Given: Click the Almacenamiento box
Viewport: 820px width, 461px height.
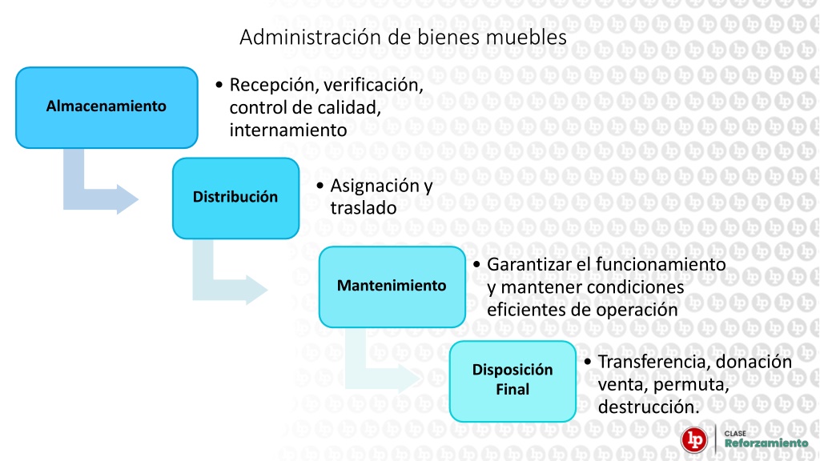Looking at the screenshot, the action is pos(107,107).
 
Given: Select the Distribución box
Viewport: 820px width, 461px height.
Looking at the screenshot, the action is pos(236,198).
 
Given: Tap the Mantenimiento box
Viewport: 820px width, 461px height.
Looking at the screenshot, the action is pos(392,287).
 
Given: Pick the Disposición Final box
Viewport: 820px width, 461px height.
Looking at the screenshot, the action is pos(512,381).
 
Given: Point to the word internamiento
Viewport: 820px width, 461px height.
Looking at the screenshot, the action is pos(288,130).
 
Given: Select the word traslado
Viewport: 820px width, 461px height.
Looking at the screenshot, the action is pos(364,208).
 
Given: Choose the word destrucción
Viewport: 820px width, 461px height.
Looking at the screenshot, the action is pos(649,407).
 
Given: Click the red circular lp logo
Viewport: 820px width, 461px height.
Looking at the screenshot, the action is pos(694,439).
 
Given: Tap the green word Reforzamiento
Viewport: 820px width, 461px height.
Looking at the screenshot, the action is pos(766,443).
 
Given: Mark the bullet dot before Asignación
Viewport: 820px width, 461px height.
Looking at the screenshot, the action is pos(320,186).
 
